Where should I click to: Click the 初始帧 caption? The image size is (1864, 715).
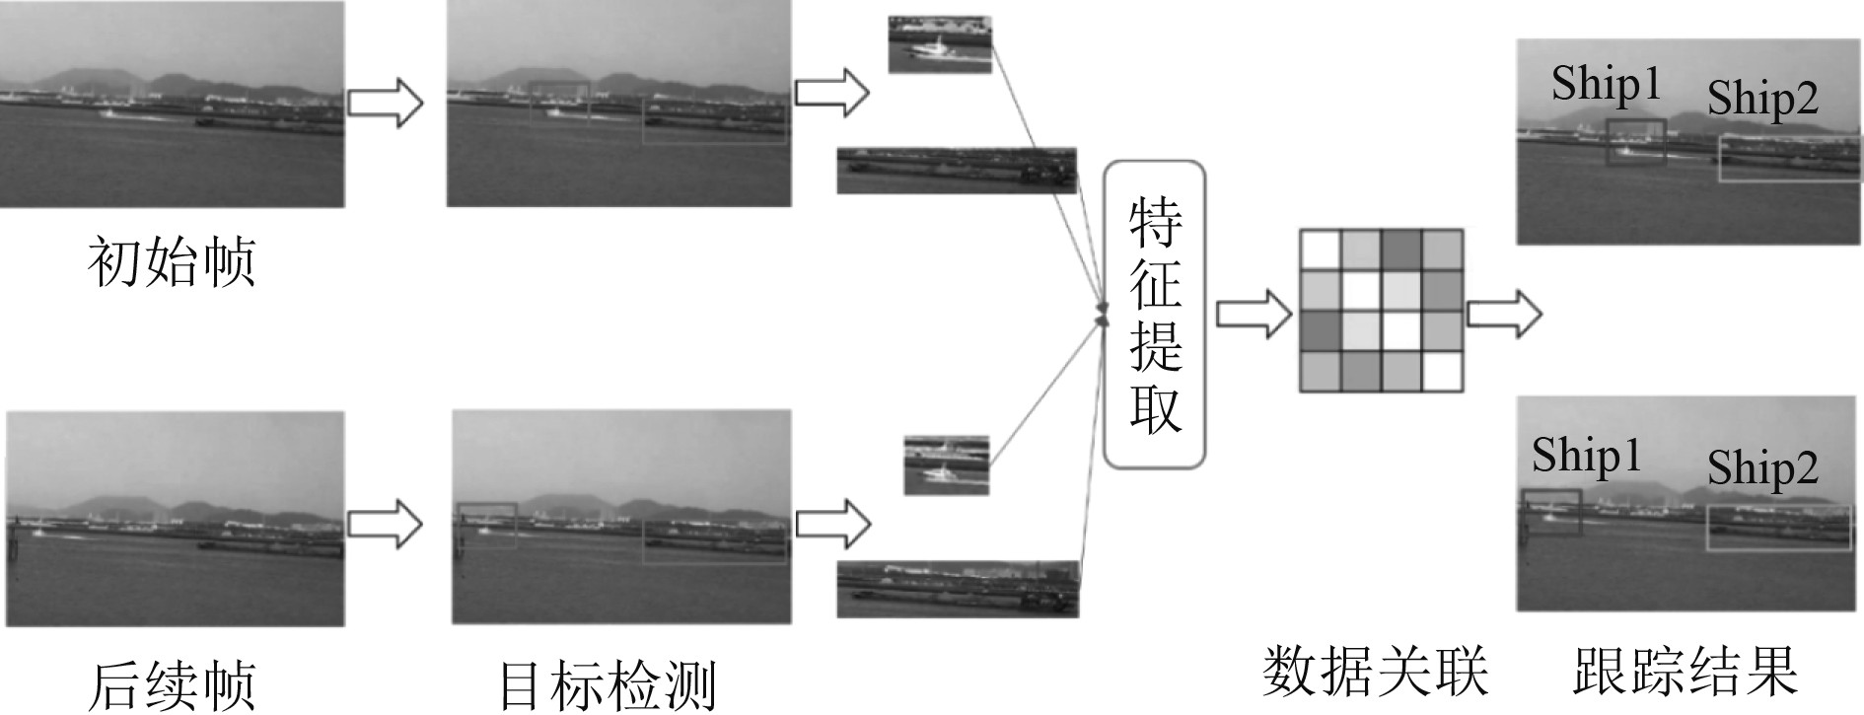172,261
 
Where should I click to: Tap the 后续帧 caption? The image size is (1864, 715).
172,682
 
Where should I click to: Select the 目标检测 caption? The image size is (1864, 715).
607,682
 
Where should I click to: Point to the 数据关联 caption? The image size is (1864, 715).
1375,671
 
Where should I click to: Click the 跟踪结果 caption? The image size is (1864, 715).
1685,671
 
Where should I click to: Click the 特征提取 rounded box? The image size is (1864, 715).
1154,314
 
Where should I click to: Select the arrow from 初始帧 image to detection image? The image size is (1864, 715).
386,102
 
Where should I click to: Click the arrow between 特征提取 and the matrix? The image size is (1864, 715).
1254,315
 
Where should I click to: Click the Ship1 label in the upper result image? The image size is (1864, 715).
1606,84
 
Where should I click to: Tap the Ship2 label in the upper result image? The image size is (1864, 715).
1762,99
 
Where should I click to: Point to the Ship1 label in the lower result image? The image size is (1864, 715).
1586,456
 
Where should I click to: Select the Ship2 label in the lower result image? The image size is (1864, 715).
1762,467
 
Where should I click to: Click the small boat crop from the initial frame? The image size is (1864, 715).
939,44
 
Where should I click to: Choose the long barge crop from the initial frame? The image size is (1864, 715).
957,171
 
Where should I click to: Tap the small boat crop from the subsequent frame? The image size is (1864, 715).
947,465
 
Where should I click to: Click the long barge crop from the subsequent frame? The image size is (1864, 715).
958,589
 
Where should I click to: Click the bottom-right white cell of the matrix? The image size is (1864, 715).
1441,372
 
